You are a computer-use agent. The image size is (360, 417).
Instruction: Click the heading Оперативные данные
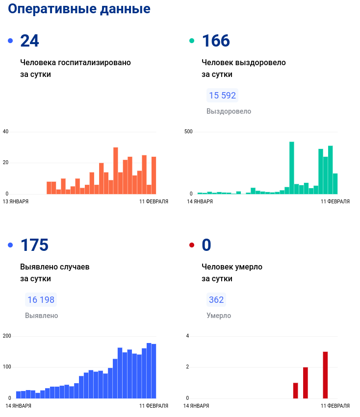[x=79, y=9]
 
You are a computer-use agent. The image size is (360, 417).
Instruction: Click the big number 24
[x=29, y=41]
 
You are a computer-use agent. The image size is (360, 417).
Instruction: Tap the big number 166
[x=216, y=41]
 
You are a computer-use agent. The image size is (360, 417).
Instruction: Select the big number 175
[x=34, y=245]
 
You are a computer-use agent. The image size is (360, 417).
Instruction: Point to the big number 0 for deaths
[x=206, y=245]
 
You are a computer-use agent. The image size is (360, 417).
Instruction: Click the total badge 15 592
[x=222, y=96]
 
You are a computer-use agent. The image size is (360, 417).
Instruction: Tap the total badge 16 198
[x=41, y=300]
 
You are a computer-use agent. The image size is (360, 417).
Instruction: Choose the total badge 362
[x=216, y=300]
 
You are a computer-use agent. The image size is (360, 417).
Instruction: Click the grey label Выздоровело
[x=229, y=111]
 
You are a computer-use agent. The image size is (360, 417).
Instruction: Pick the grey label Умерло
[x=219, y=316]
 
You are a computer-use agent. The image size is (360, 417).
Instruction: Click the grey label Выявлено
[x=42, y=316]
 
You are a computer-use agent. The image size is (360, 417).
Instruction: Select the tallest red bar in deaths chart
[x=325, y=374]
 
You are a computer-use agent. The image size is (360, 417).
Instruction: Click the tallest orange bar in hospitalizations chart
[x=116, y=171]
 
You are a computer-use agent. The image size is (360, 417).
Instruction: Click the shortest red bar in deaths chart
[x=296, y=390]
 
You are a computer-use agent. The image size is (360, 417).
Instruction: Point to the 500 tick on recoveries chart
[x=188, y=132]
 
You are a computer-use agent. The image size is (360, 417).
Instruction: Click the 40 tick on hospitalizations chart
[x=6, y=132]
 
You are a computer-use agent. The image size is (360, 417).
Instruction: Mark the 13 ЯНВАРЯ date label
[x=16, y=201]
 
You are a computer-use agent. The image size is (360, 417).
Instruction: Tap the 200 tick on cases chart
[x=7, y=336]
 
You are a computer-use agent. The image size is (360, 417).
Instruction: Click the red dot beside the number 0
[x=192, y=245]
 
